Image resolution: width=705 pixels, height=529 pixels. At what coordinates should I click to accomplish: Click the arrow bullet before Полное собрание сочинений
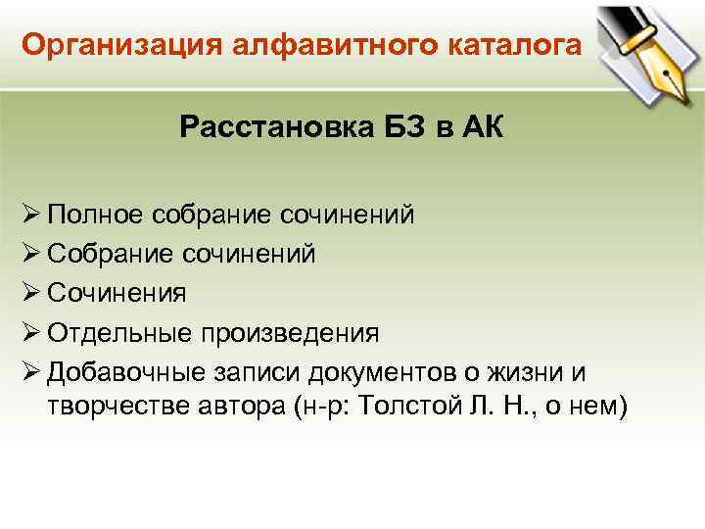coord(29,214)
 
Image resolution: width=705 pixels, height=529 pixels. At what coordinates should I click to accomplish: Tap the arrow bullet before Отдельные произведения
coord(29,332)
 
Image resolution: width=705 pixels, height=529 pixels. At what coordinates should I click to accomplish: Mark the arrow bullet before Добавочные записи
coord(29,372)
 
